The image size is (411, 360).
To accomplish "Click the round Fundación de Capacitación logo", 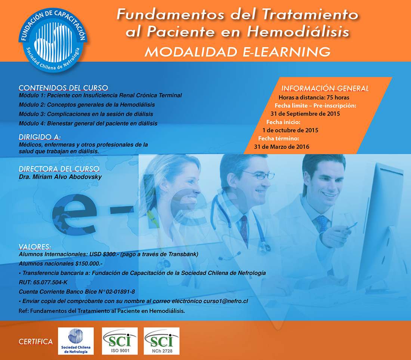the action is [53, 40].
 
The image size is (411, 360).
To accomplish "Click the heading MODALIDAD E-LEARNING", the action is [238, 52].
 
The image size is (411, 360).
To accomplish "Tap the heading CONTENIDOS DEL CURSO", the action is [63, 87].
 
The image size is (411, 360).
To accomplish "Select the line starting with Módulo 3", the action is [86, 114].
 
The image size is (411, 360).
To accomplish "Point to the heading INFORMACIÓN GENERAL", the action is [325, 88].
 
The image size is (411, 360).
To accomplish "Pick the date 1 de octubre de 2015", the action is [290, 130].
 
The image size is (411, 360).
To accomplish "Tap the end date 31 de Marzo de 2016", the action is [281, 147].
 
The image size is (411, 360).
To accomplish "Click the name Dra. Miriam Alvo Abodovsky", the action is [60, 177].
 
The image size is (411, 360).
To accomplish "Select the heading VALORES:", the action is [35, 247].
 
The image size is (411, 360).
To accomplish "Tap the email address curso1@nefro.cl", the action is [226, 301].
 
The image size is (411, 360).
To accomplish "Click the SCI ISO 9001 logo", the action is [120, 341].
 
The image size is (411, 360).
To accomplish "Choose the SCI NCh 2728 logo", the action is [162, 341].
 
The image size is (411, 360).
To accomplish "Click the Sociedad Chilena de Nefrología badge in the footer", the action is [76, 341].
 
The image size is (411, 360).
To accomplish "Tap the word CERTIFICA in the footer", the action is [35, 342].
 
